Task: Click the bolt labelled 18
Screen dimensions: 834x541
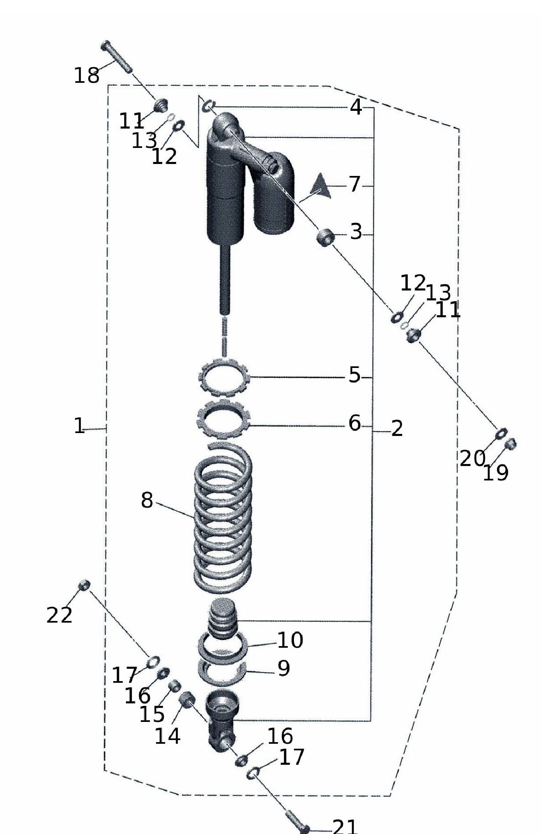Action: pyautogui.click(x=117, y=57)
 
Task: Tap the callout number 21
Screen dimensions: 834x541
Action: pyautogui.click(x=345, y=826)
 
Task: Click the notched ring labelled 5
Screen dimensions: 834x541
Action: pyautogui.click(x=224, y=376)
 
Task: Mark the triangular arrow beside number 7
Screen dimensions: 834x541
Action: pyautogui.click(x=321, y=186)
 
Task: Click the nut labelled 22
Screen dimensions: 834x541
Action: pyautogui.click(x=84, y=585)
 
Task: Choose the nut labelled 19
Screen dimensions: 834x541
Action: pyautogui.click(x=511, y=443)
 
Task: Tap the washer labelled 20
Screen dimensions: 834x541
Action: pyautogui.click(x=501, y=433)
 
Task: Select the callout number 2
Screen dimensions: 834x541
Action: pyautogui.click(x=396, y=429)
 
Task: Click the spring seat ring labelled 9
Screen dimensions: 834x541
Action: pyautogui.click(x=222, y=672)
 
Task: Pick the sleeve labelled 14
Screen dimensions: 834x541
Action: pyautogui.click(x=187, y=700)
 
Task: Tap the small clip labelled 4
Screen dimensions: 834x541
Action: pyautogui.click(x=209, y=106)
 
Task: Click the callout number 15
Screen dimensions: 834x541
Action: pyautogui.click(x=152, y=715)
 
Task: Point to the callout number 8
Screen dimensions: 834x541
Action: pyautogui.click(x=147, y=500)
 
